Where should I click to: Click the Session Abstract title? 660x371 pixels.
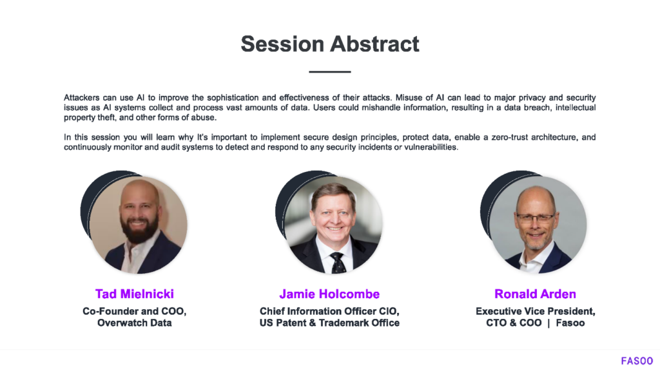[x=330, y=44]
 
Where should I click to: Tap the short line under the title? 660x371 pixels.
[x=330, y=71]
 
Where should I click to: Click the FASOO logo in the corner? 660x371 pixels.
[x=636, y=361]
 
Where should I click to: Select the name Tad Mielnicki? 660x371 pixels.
[x=134, y=294]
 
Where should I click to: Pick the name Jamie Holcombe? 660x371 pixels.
[x=329, y=294]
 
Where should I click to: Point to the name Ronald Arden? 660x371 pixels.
[x=535, y=294]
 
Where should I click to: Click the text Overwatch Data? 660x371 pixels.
[x=134, y=323]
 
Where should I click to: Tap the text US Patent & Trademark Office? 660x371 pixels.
[x=329, y=323]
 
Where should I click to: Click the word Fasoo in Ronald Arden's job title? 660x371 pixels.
[x=570, y=323]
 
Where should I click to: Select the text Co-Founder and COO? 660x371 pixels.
[x=134, y=311]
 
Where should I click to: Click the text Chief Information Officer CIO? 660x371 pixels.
[x=329, y=311]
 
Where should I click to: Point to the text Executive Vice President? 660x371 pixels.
[x=535, y=311]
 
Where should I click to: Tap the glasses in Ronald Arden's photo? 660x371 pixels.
[x=535, y=218]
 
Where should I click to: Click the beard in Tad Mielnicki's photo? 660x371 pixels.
[x=139, y=232]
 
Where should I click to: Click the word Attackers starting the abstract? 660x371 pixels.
[x=82, y=98]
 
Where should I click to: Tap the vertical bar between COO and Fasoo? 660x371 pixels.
[x=548, y=323]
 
